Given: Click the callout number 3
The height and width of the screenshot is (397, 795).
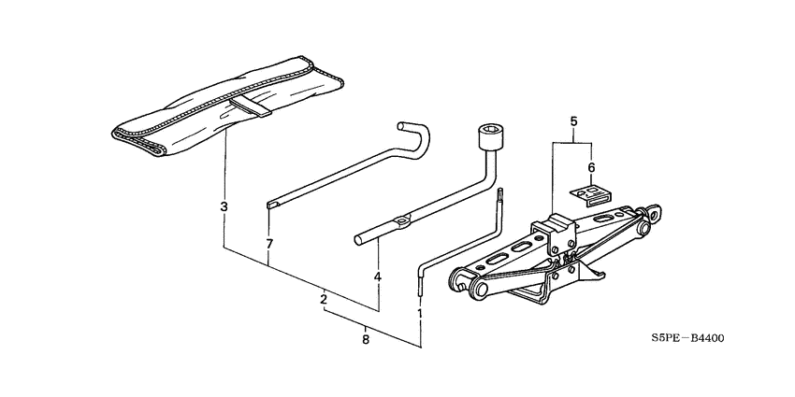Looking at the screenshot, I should (224, 206).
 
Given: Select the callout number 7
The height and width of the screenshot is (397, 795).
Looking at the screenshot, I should (268, 244).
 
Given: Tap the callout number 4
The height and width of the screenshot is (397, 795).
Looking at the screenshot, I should (378, 277).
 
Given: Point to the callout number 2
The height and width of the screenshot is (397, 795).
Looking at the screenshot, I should (324, 299).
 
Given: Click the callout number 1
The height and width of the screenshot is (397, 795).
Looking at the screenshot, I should (420, 314).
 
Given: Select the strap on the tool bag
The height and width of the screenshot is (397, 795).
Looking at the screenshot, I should (251, 105).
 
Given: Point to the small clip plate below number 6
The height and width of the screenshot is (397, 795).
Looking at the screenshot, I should (591, 193).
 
